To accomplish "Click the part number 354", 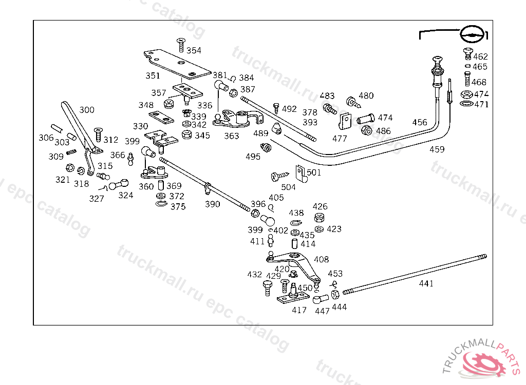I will coord(194,50).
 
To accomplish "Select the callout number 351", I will coord(153,75).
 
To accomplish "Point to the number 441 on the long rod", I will coord(426,283).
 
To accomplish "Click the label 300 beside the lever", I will coord(87,110).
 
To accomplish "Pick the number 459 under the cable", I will coord(437,149).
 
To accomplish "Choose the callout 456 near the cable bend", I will coord(420,122).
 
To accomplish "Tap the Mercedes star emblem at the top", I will coord(472,34).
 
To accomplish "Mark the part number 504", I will coord(288,187).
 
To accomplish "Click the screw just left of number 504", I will coord(277,176).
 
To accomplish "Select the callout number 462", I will coord(480,56).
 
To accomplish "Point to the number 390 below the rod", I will coord(212,204).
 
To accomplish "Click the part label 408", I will coord(322,259).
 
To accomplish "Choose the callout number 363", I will coord(232,136).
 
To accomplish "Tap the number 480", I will coord(366,95).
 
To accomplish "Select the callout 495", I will coord(253,157).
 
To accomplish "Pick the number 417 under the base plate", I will coord(299,310).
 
